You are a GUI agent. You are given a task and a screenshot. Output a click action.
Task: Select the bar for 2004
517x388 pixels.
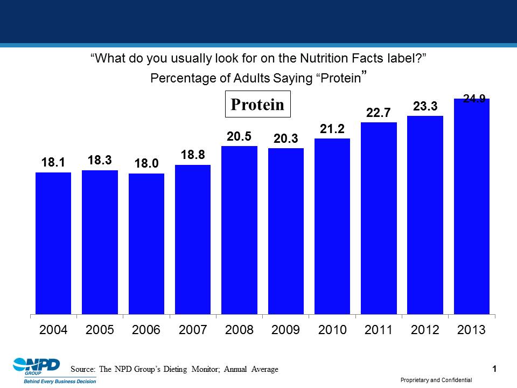[53, 243]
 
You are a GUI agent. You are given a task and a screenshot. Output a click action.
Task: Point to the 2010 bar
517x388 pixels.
[332, 226]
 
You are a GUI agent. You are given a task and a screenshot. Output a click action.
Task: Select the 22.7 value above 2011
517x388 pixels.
[379, 113]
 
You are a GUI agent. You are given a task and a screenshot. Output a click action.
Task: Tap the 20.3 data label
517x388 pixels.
[285, 138]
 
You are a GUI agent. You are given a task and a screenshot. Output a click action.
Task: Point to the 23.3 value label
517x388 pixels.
[425, 107]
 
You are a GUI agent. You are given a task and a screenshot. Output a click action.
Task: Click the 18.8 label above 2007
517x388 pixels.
[193, 155]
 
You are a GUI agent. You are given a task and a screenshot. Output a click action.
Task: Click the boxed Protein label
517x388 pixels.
[257, 105]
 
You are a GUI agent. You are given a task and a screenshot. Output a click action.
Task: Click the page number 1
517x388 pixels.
[494, 369]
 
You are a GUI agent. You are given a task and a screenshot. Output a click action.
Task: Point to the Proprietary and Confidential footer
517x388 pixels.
[436, 380]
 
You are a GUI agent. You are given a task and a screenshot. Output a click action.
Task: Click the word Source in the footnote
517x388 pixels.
[82, 369]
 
